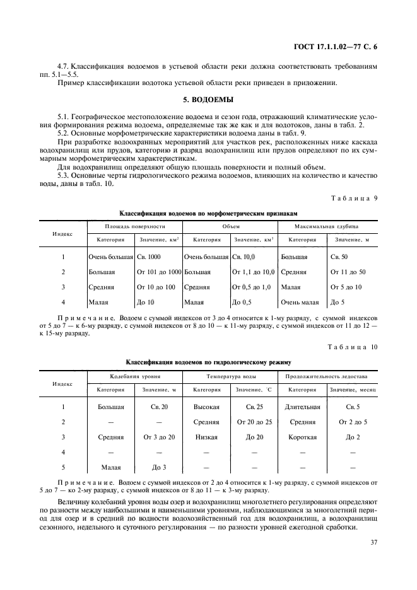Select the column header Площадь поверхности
(x=134, y=226)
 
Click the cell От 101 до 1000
(x=158, y=272)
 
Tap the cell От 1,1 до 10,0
(x=253, y=272)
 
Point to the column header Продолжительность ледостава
(x=326, y=376)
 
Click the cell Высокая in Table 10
(x=206, y=407)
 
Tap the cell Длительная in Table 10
(x=303, y=407)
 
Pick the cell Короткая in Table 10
(x=303, y=437)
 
